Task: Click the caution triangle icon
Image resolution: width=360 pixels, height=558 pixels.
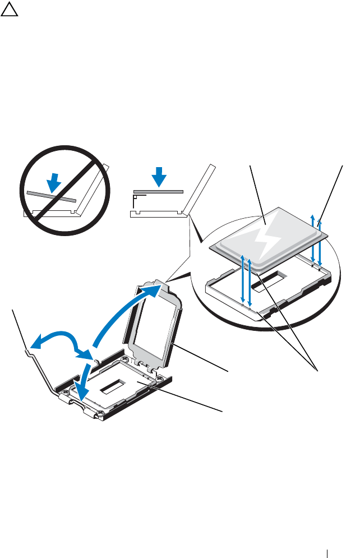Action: coord(8,10)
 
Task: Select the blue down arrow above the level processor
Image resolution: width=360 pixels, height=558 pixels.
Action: coord(160,176)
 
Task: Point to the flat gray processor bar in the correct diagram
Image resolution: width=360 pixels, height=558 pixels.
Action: coord(159,191)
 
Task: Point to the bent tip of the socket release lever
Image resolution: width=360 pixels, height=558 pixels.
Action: coord(27,351)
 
